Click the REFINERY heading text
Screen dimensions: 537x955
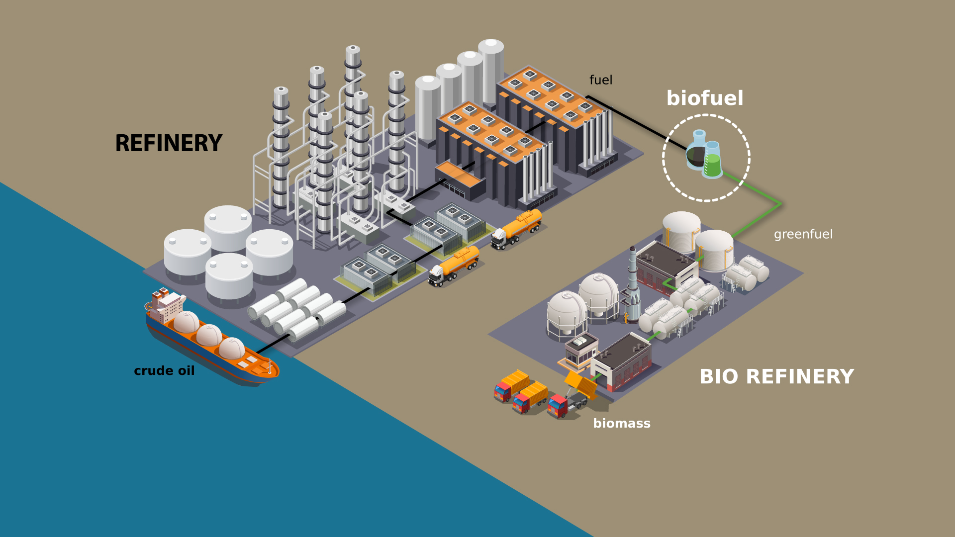(x=169, y=143)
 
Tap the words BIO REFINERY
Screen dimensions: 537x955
(x=776, y=376)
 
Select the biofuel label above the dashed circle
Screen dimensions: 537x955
(x=705, y=98)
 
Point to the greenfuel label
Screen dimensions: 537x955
(x=803, y=234)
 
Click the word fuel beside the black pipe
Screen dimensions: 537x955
(x=601, y=80)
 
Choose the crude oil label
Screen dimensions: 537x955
(x=164, y=371)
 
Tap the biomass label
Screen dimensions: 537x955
(x=622, y=423)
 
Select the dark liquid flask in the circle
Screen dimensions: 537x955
(x=697, y=151)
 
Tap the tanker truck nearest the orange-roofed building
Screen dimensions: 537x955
(x=517, y=230)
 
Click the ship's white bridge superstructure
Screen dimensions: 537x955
(x=167, y=306)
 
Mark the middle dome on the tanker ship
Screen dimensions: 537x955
(x=209, y=335)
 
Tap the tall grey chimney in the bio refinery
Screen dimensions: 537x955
(x=632, y=283)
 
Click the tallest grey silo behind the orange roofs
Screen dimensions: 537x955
(x=491, y=70)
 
